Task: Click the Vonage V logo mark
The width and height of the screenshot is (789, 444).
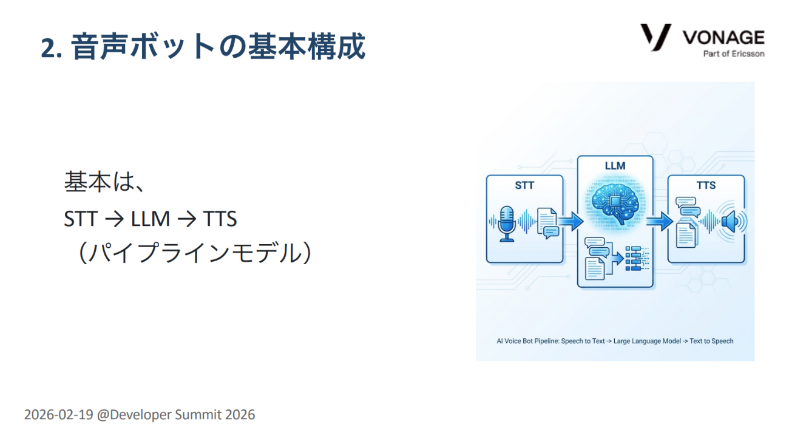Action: coord(655,37)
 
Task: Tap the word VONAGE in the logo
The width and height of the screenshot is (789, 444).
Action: coord(723,37)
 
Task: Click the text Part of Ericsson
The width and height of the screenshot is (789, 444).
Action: coord(734,53)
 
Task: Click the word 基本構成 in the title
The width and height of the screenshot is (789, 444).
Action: coord(306,47)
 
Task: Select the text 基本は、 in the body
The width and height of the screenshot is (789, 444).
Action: coord(104,182)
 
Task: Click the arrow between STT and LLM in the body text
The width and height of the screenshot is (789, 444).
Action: coord(114,219)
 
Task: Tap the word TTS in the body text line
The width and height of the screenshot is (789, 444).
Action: coord(220,219)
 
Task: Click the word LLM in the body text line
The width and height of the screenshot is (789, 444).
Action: coord(150,219)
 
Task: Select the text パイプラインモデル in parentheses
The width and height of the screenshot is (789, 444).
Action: coord(195,253)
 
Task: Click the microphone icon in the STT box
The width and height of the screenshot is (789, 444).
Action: coord(507,224)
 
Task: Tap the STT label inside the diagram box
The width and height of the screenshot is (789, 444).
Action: coord(524,185)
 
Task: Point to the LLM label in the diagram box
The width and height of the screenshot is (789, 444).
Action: coord(615,166)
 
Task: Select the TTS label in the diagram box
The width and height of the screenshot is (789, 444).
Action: coord(706,185)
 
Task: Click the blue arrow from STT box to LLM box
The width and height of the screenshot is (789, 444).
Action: coord(571,221)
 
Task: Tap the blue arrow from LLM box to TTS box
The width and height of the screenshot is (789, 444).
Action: coord(659,221)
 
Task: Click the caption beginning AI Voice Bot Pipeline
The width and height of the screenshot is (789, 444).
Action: coord(615,341)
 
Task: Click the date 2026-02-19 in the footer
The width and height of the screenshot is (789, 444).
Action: coord(58,415)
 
